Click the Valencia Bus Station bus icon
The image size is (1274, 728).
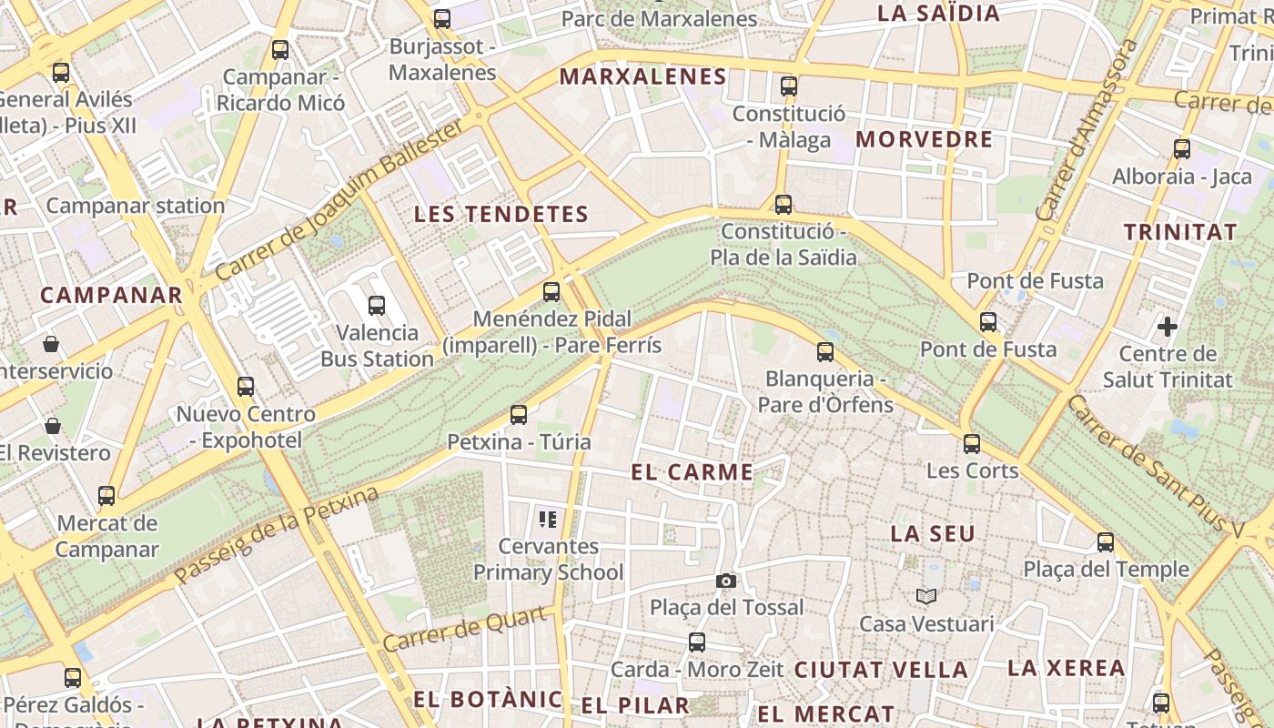[376, 306]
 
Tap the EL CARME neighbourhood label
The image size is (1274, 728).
[693, 472]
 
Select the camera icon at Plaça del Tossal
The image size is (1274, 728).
[725, 581]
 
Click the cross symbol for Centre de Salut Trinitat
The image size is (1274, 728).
[1168, 326]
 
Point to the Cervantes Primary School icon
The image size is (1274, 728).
[547, 520]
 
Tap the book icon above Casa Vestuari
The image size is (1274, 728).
[926, 597]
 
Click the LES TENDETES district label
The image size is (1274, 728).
[501, 215]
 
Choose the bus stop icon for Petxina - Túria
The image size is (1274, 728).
[519, 415]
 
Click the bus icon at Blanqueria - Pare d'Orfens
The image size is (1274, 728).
[825, 351]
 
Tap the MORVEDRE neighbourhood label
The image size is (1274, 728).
[924, 139]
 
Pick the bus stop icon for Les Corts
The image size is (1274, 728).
[972, 444]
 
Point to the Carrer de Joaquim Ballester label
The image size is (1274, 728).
[339, 202]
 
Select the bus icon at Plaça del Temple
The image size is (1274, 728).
[1106, 542]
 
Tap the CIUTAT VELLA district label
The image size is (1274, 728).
[880, 670]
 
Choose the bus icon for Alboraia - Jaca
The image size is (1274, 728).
[1182, 149]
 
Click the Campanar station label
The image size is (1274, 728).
[136, 206]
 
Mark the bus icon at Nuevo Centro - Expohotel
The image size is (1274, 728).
[246, 387]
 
